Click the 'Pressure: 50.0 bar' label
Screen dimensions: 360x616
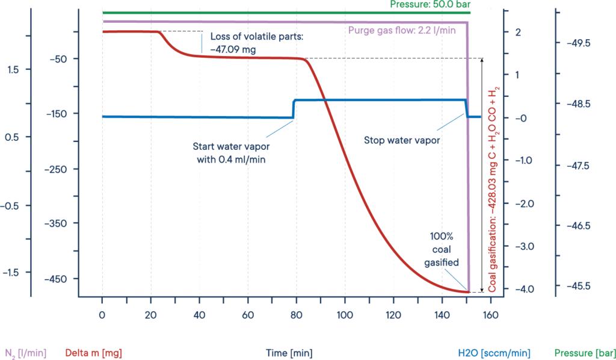pos(428,4)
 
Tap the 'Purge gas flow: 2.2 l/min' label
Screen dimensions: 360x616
pos(402,30)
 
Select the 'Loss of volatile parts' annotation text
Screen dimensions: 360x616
pos(252,43)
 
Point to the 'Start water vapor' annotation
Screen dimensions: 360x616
pos(229,153)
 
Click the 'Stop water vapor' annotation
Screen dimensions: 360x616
pos(402,140)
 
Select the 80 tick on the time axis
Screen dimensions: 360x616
pos(296,314)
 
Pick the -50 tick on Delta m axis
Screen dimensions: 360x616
pos(63,59)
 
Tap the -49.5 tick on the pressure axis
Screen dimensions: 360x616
pos(578,43)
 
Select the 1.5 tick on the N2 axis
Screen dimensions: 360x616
pos(13,70)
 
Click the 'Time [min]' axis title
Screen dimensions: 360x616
pos(292,353)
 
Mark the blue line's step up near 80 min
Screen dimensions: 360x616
pos(294,108)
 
